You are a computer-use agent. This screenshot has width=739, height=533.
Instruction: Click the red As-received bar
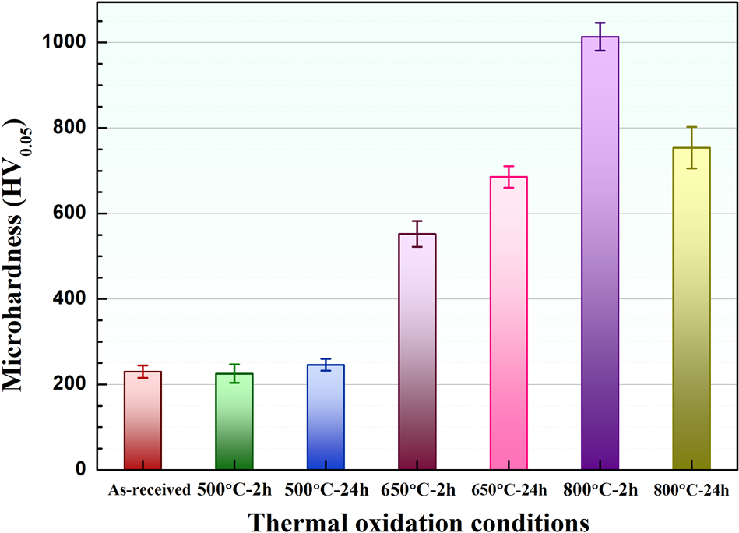[143, 421]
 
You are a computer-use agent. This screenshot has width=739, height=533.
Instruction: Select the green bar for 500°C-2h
[234, 422]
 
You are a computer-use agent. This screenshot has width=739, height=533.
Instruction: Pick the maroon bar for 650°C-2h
[417, 351]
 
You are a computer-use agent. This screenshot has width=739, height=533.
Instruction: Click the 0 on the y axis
[81, 470]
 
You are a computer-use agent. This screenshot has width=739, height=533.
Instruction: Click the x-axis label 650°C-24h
[509, 490]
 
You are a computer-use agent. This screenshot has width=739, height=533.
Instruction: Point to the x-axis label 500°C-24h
[326, 490]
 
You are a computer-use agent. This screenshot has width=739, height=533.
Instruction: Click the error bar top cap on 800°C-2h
[600, 23]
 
